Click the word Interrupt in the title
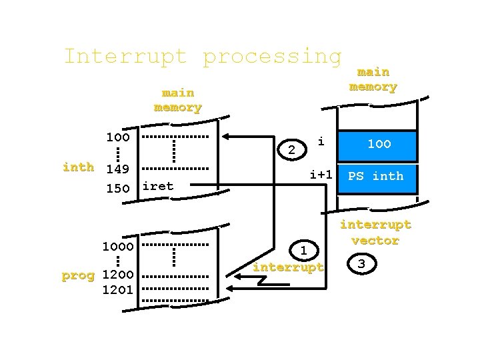pyautogui.click(x=125, y=56)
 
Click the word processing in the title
pyautogui.click(x=272, y=57)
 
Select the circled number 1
pyautogui.click(x=303, y=251)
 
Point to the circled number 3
pyautogui.click(x=361, y=264)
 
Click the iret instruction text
pyautogui.click(x=158, y=186)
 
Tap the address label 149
pyautogui.click(x=118, y=170)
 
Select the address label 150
pyautogui.click(x=118, y=188)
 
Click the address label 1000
pyautogui.click(x=117, y=245)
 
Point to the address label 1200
pyautogui.click(x=117, y=275)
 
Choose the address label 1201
pyautogui.click(x=117, y=289)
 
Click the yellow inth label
pyautogui.click(x=78, y=167)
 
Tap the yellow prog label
pyautogui.click(x=78, y=275)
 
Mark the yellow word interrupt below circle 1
pyautogui.click(x=288, y=267)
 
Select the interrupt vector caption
pyautogui.click(x=375, y=233)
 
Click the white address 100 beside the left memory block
pyautogui.click(x=118, y=137)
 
